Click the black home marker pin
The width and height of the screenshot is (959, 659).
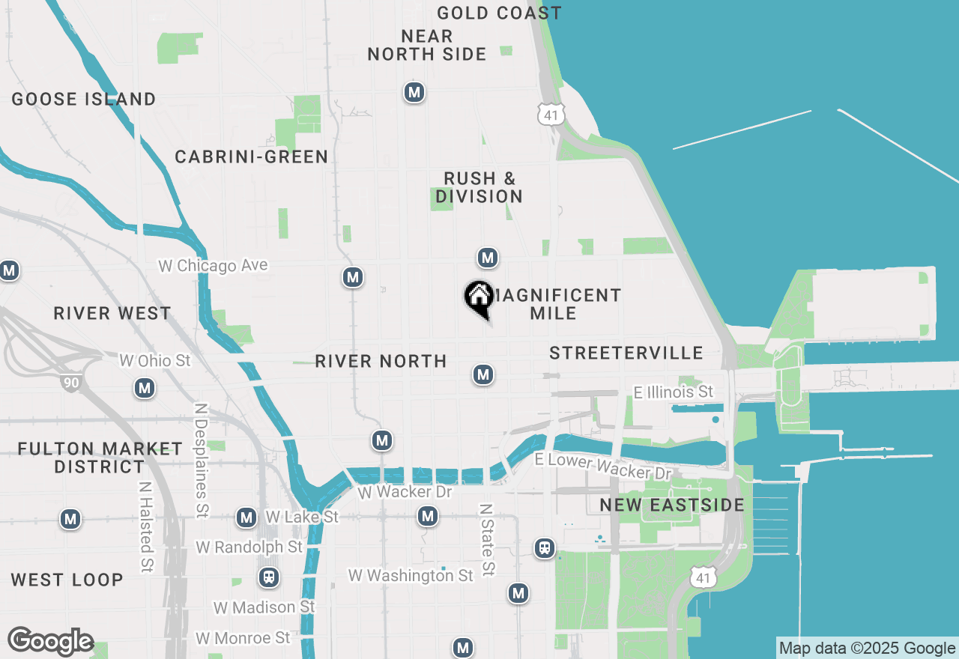479,298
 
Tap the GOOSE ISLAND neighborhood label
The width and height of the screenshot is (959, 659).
84,99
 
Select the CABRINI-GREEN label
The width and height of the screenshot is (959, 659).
252,157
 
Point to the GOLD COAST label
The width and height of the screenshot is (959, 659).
499,13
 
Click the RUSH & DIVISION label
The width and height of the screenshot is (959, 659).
479,187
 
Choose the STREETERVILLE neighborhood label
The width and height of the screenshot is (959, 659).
626,353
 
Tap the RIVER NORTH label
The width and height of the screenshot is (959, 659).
381,361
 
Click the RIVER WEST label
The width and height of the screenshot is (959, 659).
112,313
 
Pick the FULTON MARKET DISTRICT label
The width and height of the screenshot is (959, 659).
100,458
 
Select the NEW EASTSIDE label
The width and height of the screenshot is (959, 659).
672,505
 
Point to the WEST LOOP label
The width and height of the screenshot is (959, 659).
67,580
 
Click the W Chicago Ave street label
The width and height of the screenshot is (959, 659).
213,266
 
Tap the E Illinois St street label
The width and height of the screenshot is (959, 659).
674,392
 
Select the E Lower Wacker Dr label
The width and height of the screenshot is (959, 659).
603,466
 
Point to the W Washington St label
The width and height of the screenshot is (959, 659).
411,575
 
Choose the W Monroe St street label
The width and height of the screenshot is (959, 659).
243,638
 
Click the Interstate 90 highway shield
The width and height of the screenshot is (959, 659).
71,383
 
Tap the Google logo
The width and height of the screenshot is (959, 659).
50,641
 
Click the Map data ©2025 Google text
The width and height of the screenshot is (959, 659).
867,649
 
